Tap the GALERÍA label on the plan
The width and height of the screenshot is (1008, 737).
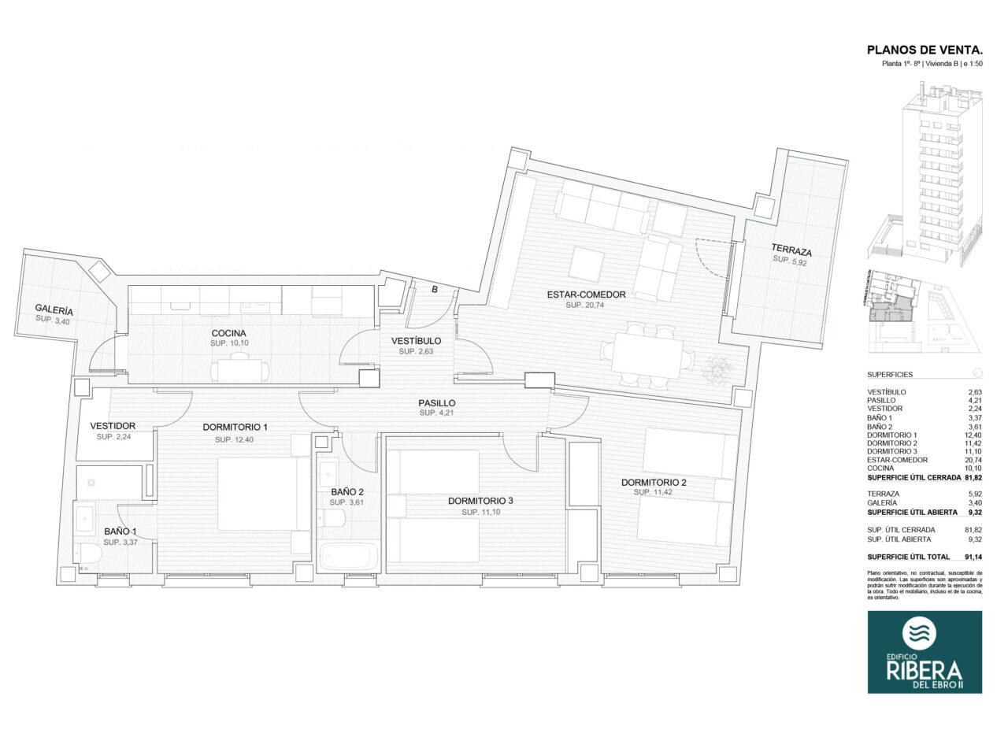(x=54, y=310)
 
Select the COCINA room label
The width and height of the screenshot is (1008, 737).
(x=228, y=333)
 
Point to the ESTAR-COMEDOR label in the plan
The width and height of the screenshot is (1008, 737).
(x=586, y=294)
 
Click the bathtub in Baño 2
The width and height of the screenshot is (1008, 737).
(x=349, y=556)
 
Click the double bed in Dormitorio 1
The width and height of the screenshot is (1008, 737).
(x=263, y=494)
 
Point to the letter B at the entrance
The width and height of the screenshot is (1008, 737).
(x=434, y=289)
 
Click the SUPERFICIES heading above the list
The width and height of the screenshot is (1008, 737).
(x=890, y=375)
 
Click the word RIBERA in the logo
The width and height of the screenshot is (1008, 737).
(x=925, y=671)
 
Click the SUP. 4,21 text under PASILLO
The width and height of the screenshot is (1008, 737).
(x=437, y=413)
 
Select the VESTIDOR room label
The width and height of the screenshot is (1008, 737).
(x=113, y=426)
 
